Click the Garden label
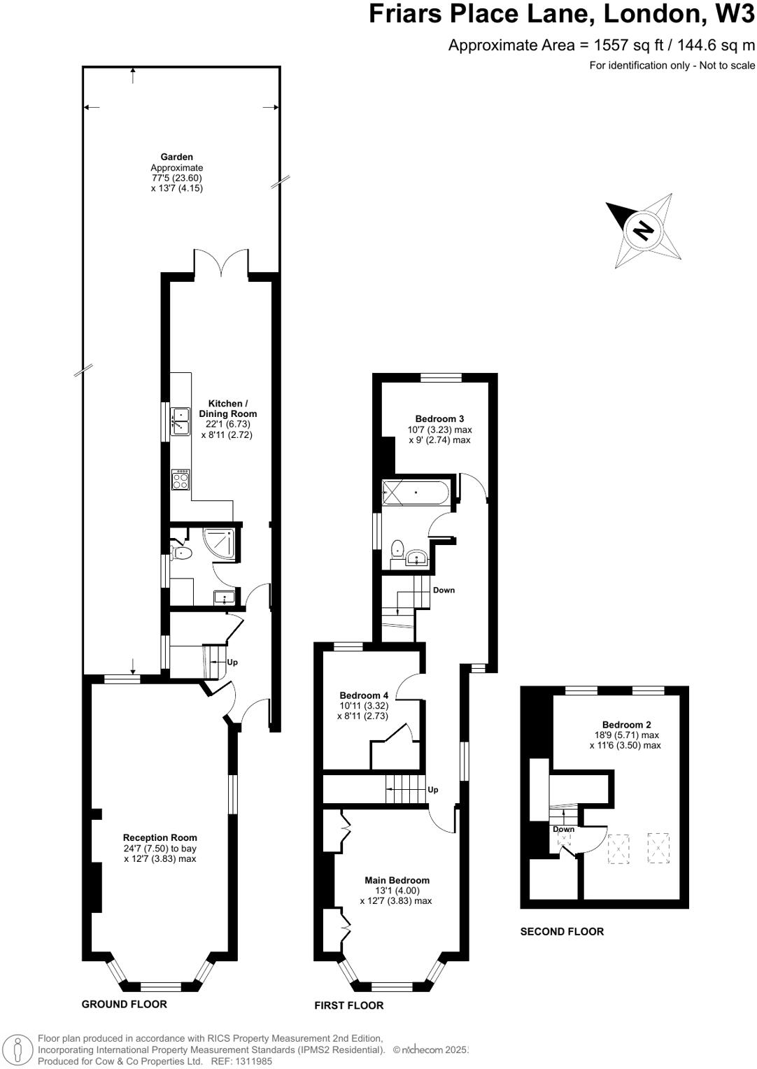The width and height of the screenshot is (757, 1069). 176,157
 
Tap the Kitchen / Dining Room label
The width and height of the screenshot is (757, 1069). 228,409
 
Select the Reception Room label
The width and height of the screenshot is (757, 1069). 160,837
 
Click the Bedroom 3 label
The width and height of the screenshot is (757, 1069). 440,419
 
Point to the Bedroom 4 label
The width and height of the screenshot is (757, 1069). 364,695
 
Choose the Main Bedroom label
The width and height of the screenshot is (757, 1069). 397,880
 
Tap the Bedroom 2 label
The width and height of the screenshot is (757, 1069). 626,725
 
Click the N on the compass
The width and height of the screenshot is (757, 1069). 642,229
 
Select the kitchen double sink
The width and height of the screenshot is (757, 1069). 181,420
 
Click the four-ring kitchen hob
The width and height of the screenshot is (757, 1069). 181,479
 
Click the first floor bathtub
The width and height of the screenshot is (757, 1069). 416,493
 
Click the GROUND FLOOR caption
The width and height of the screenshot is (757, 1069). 125,1004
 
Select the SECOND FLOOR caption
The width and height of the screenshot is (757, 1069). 562,931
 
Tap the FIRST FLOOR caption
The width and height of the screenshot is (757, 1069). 349,1005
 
